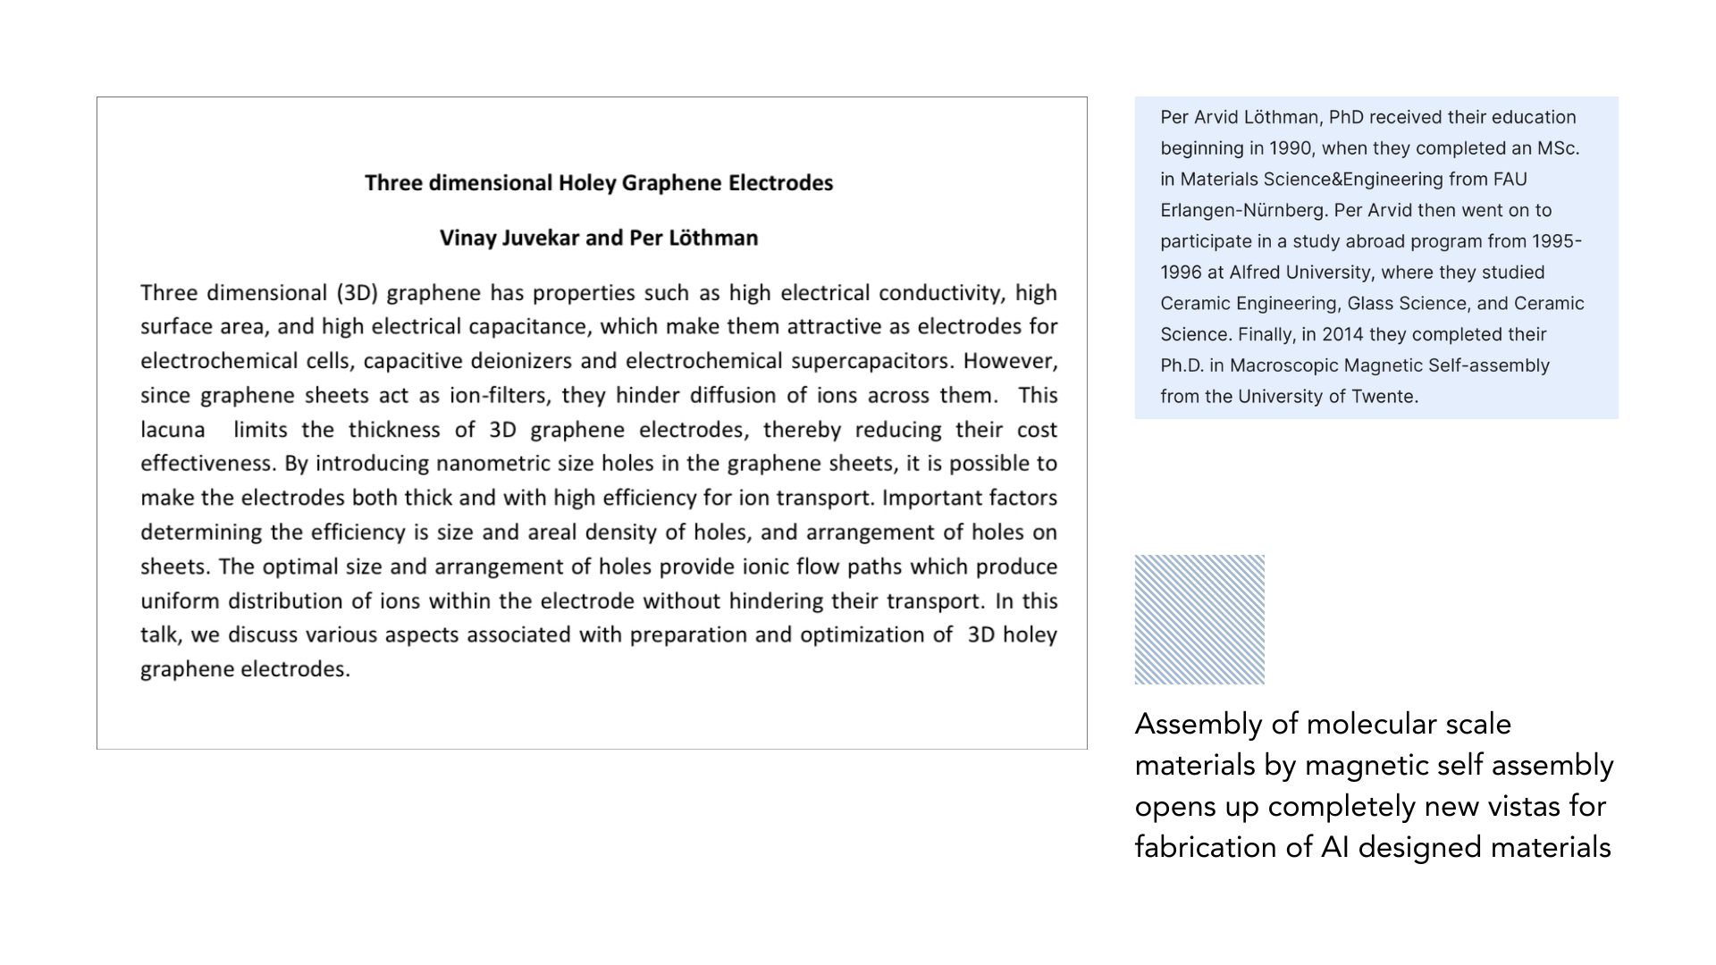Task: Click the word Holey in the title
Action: [586, 183]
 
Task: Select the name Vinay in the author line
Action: [467, 239]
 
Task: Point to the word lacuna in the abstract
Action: [172, 430]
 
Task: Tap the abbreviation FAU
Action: [1510, 180]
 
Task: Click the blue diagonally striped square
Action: [1199, 619]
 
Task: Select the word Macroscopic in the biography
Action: [1282, 366]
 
